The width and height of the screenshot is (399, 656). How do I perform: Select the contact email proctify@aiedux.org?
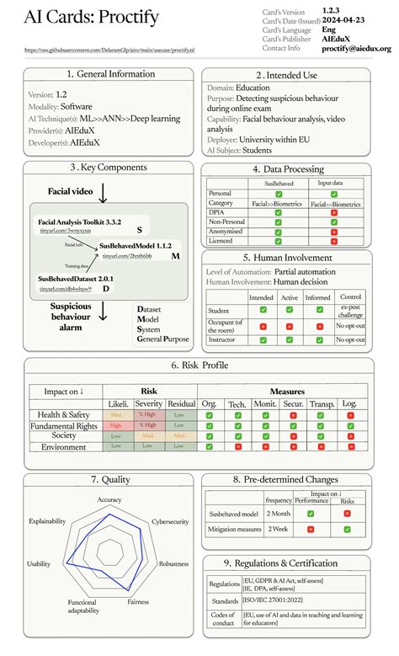[x=356, y=49]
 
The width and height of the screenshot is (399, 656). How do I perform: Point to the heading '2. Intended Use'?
[x=287, y=76]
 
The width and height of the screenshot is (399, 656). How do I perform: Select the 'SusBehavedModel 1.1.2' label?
[x=136, y=245]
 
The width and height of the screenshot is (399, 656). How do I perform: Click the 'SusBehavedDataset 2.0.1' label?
[x=76, y=278]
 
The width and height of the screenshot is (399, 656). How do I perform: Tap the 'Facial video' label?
[x=70, y=191]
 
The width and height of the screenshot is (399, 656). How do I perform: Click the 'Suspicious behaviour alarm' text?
[x=70, y=317]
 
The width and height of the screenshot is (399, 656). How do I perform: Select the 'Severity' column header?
[x=147, y=404]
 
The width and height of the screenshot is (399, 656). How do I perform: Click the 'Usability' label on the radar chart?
[x=39, y=564]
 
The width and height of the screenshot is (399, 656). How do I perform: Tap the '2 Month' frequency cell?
[x=278, y=513]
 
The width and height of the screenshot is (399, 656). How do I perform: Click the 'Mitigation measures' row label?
[x=233, y=529]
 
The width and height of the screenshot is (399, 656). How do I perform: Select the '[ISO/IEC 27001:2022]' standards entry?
[x=281, y=601]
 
